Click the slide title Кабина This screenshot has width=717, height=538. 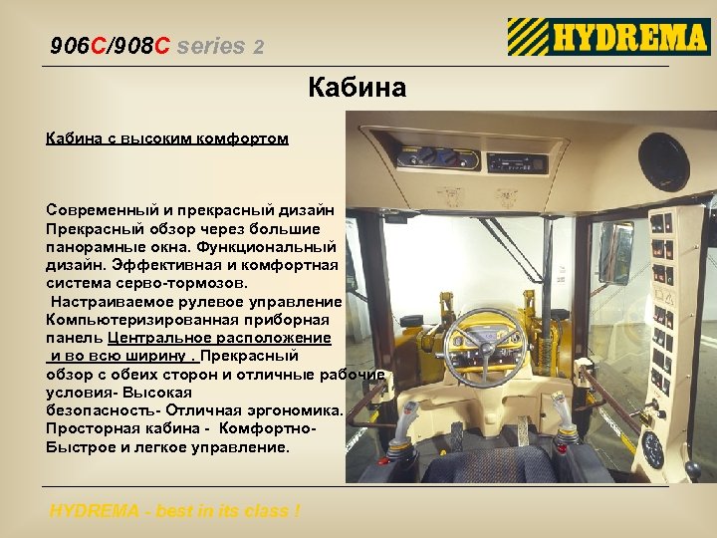point(358,88)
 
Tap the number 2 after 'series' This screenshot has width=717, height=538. point(259,46)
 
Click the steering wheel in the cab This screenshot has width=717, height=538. point(485,344)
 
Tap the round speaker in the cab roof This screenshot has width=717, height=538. point(663,161)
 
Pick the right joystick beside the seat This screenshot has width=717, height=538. point(566,435)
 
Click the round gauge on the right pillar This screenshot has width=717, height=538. point(653,448)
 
